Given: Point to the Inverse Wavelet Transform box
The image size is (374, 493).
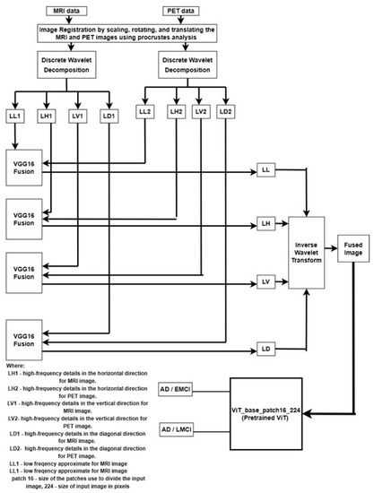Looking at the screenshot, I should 309,254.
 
